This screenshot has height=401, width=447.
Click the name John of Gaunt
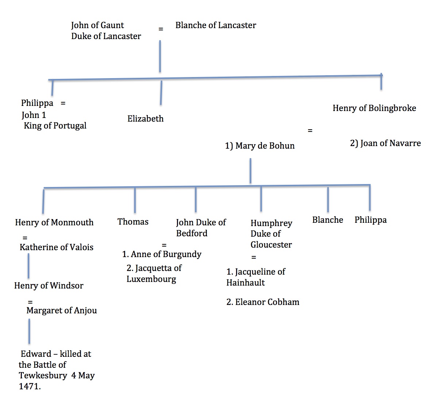[97, 25]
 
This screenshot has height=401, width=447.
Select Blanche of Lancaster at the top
[216, 25]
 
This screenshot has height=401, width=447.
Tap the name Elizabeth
[145, 119]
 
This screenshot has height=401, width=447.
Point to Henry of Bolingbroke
[374, 108]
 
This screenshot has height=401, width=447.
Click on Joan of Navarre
[390, 143]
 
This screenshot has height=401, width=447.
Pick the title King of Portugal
[55, 126]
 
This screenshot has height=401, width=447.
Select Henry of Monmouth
[54, 222]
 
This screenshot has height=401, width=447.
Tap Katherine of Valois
[57, 247]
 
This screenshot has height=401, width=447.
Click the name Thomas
[133, 222]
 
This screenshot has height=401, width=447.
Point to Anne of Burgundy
[166, 254]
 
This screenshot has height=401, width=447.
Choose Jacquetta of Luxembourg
[154, 274]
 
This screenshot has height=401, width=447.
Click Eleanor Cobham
[267, 302]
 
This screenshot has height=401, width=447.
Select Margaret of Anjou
[62, 310]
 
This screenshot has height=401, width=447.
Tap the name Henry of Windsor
[49, 286]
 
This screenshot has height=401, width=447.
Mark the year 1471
[29, 386]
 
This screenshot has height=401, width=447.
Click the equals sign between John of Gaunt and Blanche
[161, 28]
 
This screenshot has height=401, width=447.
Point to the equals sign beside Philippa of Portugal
[63, 103]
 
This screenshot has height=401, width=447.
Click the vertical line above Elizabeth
[161, 93]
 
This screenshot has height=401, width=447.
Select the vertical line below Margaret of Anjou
[29, 331]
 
